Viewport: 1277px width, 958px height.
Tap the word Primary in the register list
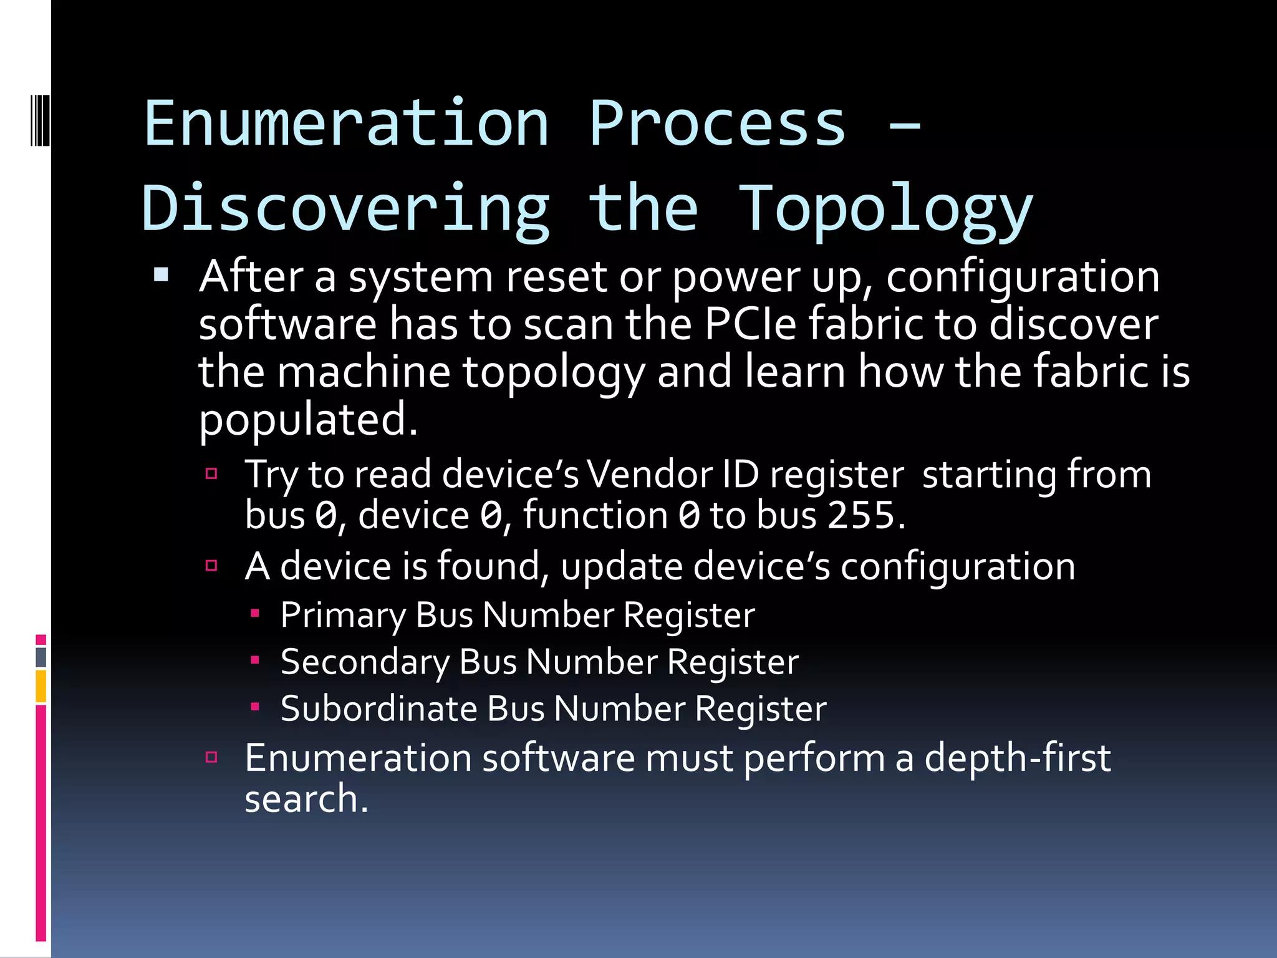[342, 616]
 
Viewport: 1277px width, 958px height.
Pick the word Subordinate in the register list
[378, 709]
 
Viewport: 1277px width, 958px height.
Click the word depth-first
[1017, 758]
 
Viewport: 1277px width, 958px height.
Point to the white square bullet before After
[161, 274]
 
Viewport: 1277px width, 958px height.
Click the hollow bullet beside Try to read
[211, 474]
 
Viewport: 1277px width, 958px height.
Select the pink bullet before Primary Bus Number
[255, 614]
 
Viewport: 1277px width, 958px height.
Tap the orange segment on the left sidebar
[41, 685]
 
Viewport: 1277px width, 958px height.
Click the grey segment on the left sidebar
[41, 657]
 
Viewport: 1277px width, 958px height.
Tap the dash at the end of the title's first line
[904, 125]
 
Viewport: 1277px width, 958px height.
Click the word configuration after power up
[1023, 278]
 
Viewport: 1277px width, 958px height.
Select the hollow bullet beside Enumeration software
[211, 757]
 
